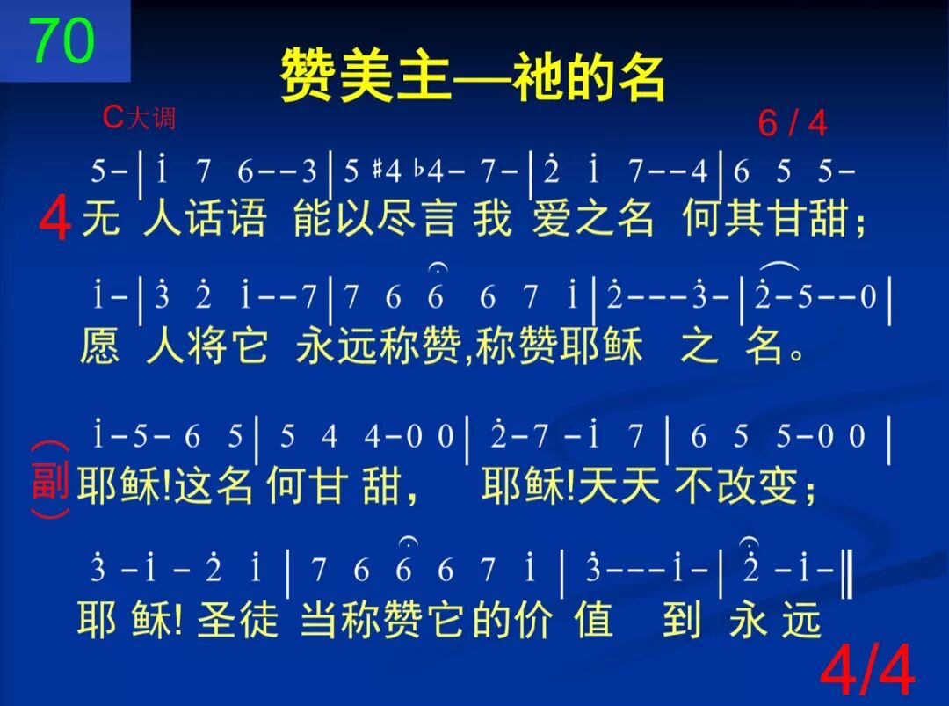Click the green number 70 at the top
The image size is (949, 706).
coord(62,40)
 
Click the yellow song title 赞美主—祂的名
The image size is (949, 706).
coord(472,76)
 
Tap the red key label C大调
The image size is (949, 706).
coord(139,117)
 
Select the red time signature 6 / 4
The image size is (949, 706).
coord(792,124)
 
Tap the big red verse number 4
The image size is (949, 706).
coord(54,220)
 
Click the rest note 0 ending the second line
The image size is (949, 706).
coord(868,299)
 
